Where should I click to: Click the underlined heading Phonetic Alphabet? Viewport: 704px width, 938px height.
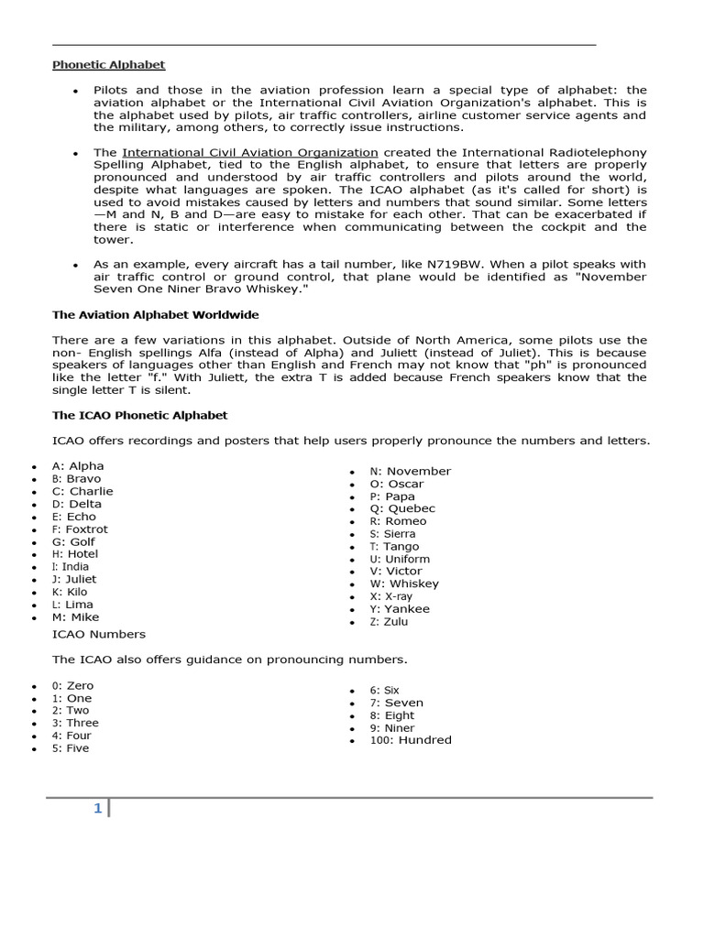108,65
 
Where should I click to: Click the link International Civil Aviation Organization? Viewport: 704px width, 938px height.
249,152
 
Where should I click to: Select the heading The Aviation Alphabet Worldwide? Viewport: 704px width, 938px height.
155,314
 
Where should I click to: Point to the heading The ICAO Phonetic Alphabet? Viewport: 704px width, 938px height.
139,415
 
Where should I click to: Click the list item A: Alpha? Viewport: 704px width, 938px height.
78,465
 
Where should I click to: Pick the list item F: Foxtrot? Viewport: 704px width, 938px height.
80,529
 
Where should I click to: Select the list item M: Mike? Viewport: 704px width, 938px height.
75,617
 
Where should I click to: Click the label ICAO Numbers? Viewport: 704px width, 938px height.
99,634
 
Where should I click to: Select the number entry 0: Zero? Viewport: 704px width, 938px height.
72,685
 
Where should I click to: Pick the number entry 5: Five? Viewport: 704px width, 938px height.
71,747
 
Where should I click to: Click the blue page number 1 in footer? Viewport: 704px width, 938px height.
97,808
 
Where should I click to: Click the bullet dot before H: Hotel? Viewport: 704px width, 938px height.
33,555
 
